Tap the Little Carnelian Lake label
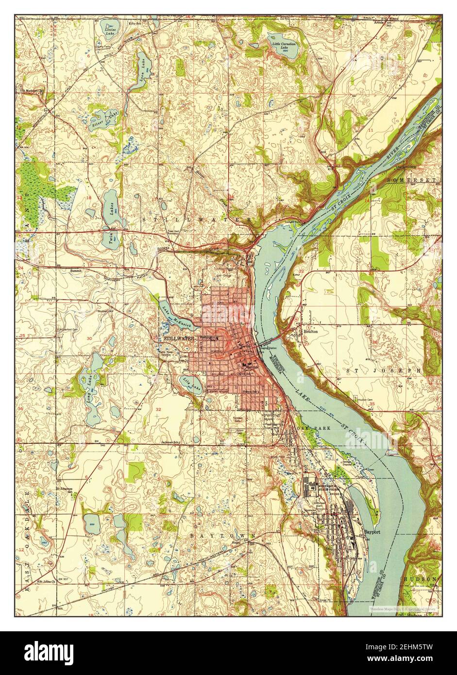[284, 45]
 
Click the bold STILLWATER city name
[179, 338]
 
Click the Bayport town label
[372, 532]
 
